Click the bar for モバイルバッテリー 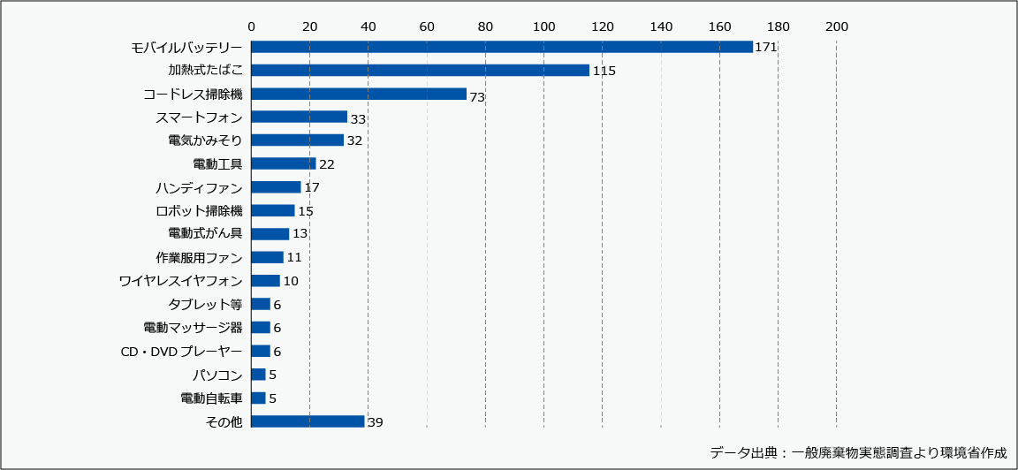click(x=501, y=47)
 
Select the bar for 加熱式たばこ click(x=420, y=70)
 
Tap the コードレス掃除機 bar click(x=358, y=94)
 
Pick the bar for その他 click(x=308, y=421)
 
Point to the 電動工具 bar click(x=283, y=163)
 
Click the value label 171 click(x=765, y=47)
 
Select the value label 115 click(x=604, y=71)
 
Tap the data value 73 click(x=477, y=96)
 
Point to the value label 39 click(x=375, y=423)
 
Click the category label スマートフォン click(x=198, y=117)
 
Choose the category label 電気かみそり click(x=204, y=140)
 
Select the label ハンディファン click(x=198, y=187)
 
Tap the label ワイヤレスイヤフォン click(x=180, y=281)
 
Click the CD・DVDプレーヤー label click(x=181, y=352)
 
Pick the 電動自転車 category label click(x=210, y=398)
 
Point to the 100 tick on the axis click(x=543, y=27)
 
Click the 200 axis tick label click(x=836, y=27)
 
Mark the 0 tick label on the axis click(x=251, y=27)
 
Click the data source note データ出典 click(x=858, y=452)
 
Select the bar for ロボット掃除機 click(x=272, y=210)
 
